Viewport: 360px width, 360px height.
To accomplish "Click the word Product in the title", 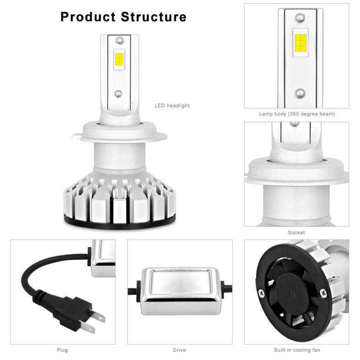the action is [x=88, y=17].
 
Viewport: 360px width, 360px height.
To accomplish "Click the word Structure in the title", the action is [x=153, y=17].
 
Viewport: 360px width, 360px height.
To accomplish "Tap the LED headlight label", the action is [x=172, y=106].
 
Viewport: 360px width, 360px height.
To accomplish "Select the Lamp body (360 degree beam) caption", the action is [x=297, y=114].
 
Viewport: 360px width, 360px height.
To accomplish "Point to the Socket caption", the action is [x=296, y=233].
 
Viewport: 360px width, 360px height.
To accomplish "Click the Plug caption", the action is [x=62, y=350].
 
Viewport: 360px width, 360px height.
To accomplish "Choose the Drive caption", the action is [x=179, y=350].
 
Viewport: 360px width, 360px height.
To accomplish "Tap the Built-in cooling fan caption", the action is [x=297, y=350].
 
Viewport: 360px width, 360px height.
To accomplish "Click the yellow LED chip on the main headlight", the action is [x=119, y=60].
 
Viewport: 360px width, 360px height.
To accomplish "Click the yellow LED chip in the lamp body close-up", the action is [x=300, y=43].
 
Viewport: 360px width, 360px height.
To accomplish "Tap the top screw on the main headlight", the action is [x=120, y=40].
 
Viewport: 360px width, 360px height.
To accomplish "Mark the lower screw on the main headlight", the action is [x=118, y=93].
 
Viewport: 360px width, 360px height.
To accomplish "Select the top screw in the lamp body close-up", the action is [x=300, y=18].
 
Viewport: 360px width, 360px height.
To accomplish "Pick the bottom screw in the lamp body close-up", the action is [x=300, y=93].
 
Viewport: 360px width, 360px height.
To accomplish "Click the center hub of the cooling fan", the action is [x=292, y=294].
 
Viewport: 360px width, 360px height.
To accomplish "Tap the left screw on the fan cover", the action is [x=262, y=293].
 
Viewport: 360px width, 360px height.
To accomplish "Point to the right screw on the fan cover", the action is [x=323, y=293].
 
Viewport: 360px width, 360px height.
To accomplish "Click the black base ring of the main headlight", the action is [x=120, y=224].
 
